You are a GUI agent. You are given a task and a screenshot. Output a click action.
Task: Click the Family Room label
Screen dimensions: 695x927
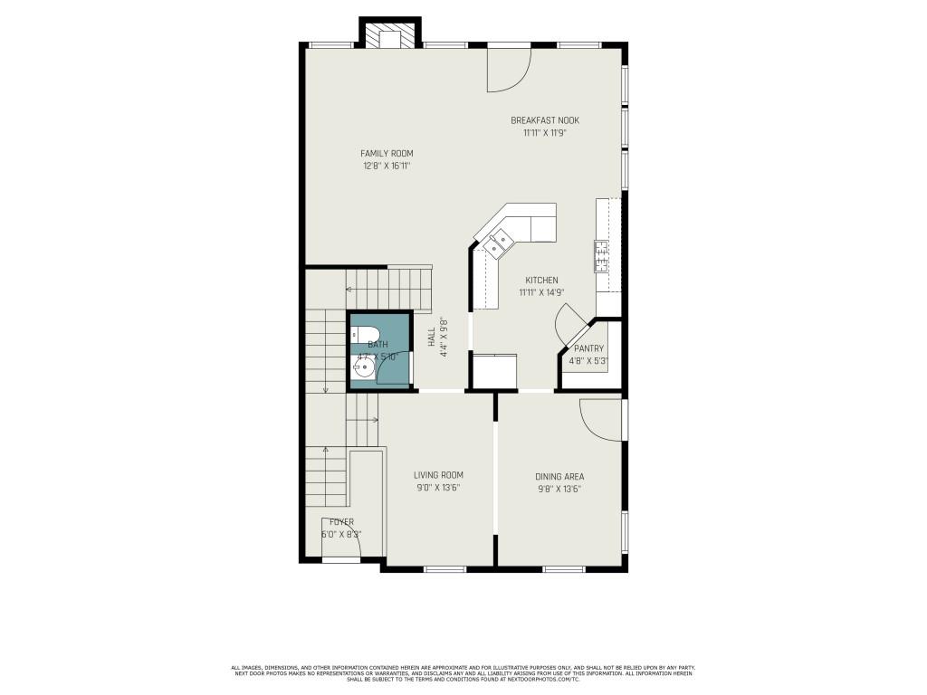(x=387, y=154)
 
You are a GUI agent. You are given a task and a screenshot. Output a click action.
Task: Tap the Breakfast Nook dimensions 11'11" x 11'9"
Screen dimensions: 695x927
(x=544, y=133)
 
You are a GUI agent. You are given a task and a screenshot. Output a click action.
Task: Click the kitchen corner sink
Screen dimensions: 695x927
(x=498, y=240)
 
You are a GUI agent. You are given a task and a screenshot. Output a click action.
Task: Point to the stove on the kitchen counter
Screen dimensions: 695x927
(x=601, y=255)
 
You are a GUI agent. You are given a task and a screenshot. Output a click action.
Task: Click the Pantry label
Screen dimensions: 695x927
(x=588, y=348)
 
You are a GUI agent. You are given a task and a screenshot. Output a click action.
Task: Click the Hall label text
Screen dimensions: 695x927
(x=432, y=338)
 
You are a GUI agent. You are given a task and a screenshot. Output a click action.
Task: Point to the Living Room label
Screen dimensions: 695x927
(x=438, y=475)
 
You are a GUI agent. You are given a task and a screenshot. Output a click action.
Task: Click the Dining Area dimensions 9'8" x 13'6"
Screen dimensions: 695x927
(x=559, y=489)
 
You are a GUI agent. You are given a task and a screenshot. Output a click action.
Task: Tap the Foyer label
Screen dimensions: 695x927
(x=341, y=522)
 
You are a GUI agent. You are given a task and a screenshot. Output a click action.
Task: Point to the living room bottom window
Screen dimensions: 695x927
(x=444, y=568)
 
